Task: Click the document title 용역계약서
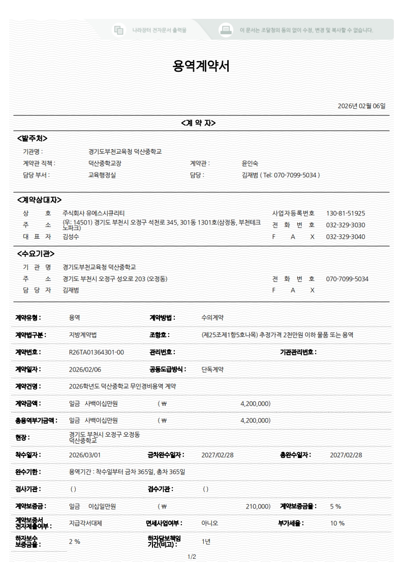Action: pyautogui.click(x=201, y=66)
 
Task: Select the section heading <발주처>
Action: pyautogui.click(x=33, y=138)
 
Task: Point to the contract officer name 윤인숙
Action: pyautogui.click(x=250, y=163)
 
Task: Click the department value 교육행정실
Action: pyautogui.click(x=102, y=175)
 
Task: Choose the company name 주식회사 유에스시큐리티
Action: pyautogui.click(x=94, y=213)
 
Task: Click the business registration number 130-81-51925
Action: pyautogui.click(x=346, y=213)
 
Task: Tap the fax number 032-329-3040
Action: pyautogui.click(x=346, y=237)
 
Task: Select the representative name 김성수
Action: pyautogui.click(x=71, y=237)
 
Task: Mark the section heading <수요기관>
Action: pyautogui.click(x=36, y=254)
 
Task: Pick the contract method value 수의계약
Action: pyautogui.click(x=213, y=318)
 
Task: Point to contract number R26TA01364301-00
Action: pyautogui.click(x=96, y=352)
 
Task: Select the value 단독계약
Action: pyautogui.click(x=213, y=369)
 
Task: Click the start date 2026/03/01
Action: pyautogui.click(x=85, y=454)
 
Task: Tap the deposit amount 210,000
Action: pyautogui.click(x=258, y=506)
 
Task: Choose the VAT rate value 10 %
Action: pyautogui.click(x=337, y=523)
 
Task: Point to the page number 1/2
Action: pyautogui.click(x=192, y=557)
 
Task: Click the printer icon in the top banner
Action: pyautogui.click(x=225, y=30)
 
